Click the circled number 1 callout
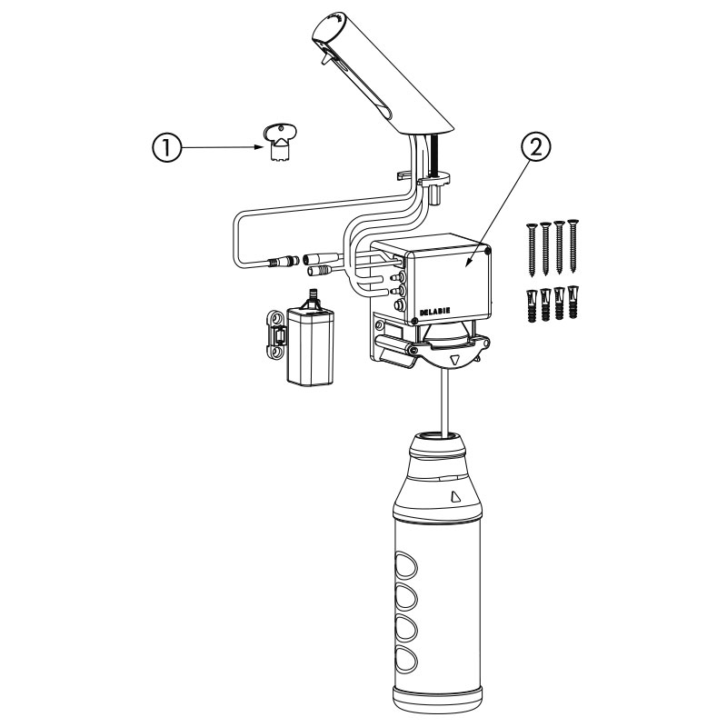click(x=166, y=147)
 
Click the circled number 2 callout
click(x=536, y=147)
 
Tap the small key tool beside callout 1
click(x=280, y=144)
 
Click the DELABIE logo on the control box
click(x=434, y=312)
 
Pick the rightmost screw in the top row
click(x=573, y=244)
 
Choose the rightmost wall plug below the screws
click(x=573, y=302)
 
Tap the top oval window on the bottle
click(x=405, y=564)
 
